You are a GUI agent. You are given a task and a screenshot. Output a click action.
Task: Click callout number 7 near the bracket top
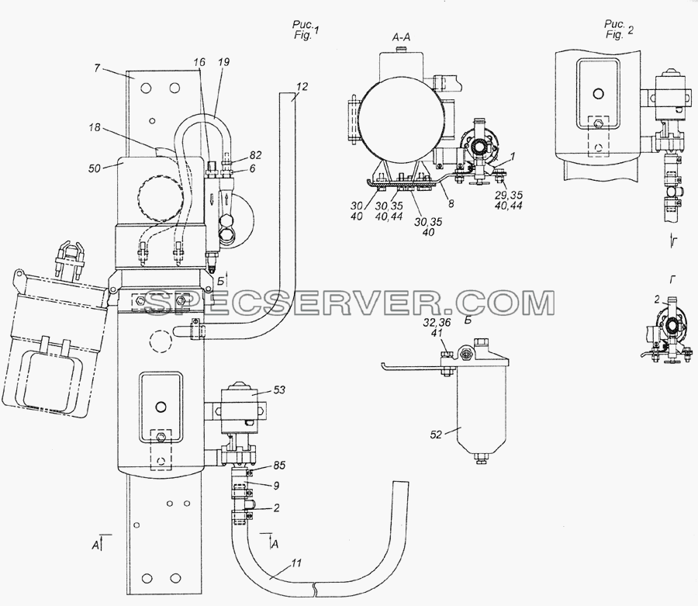pyautogui.click(x=97, y=68)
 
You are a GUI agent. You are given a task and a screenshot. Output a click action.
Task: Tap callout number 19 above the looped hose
pyautogui.click(x=223, y=62)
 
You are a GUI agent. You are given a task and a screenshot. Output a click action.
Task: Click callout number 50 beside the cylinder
pyautogui.click(x=95, y=168)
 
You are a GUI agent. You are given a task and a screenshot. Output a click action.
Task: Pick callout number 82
pyautogui.click(x=255, y=155)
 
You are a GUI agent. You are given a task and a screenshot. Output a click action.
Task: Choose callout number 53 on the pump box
pyautogui.click(x=279, y=390)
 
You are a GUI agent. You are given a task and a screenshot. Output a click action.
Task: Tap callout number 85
pyautogui.click(x=279, y=466)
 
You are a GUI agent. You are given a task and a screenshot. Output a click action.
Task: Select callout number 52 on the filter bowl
pyautogui.click(x=436, y=434)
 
